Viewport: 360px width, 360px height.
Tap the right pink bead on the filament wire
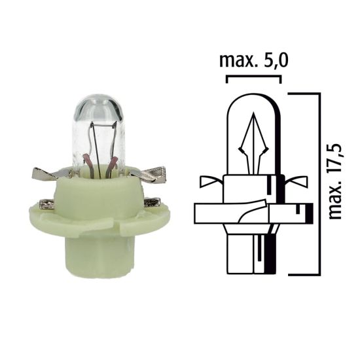pyautogui.click(x=113, y=162)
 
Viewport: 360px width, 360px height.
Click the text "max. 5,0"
pyautogui.click(x=253, y=62)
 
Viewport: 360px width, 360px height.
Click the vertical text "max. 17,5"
pyautogui.click(x=336, y=176)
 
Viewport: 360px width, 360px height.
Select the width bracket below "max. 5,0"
pyautogui.click(x=253, y=78)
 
